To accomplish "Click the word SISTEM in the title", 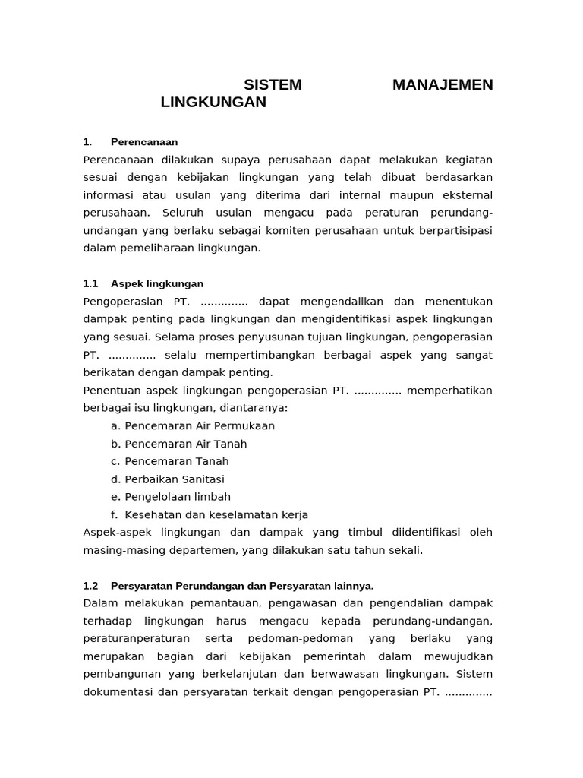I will (x=273, y=85).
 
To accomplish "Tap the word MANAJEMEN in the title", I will (x=443, y=85).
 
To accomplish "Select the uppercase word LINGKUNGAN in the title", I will (x=213, y=103).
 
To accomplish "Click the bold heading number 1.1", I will (x=91, y=284).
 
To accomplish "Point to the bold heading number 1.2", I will (x=91, y=586).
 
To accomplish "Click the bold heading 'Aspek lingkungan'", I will (x=157, y=284).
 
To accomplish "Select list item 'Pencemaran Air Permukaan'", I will (x=200, y=426).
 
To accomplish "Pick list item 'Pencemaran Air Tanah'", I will (x=186, y=444).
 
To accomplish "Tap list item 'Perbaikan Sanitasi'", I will (x=175, y=479).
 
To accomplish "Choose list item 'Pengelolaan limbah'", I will (x=178, y=497).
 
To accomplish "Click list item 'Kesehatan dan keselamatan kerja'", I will (x=216, y=515).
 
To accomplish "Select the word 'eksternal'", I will (x=465, y=195).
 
